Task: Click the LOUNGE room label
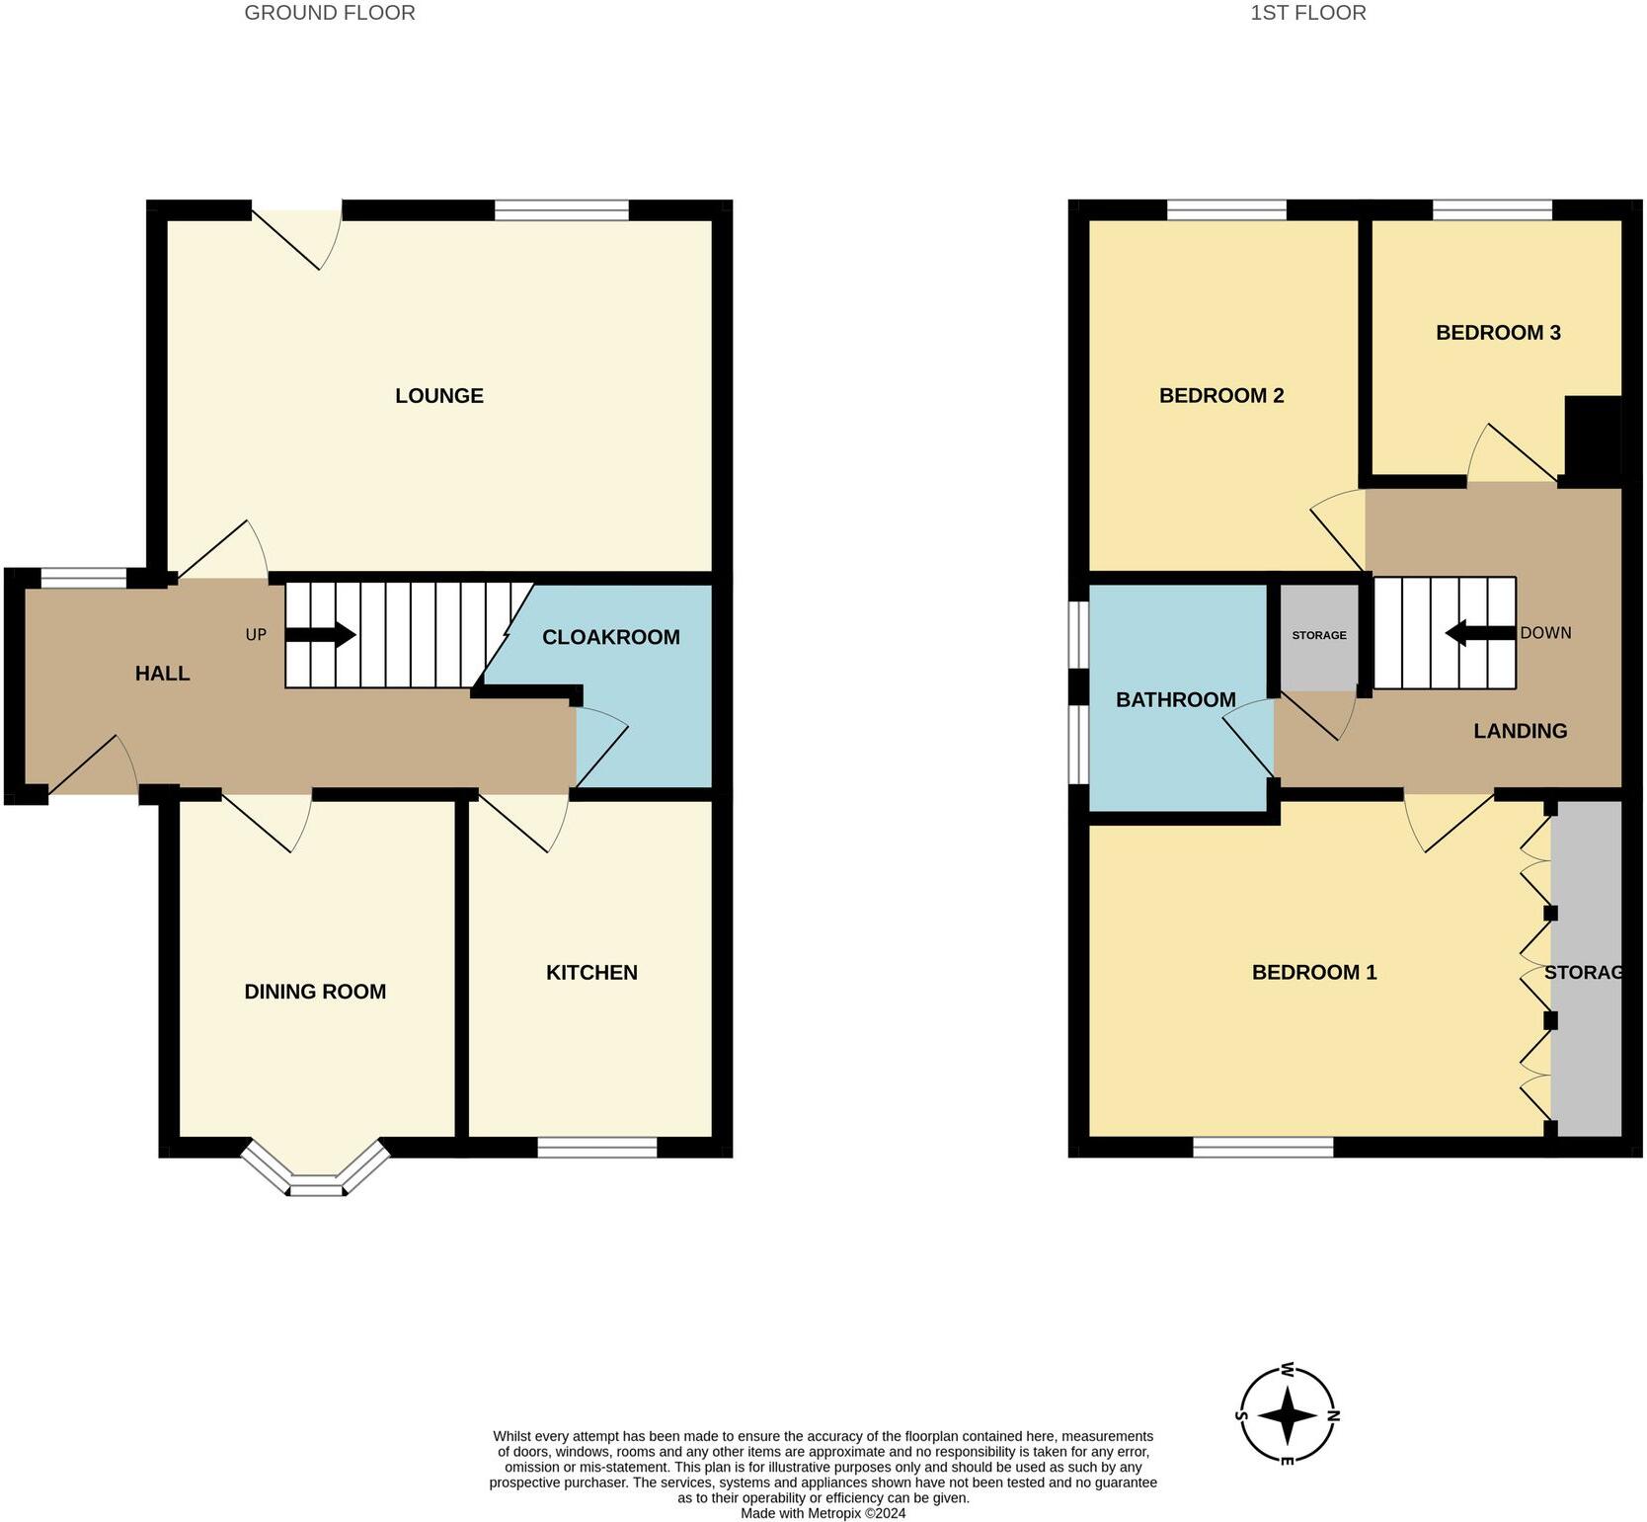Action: coord(438,396)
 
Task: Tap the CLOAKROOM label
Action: coord(610,637)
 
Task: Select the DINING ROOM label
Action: coord(315,992)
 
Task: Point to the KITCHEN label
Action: coord(591,973)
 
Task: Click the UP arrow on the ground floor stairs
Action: coord(321,634)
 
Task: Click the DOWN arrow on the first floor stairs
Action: coord(1480,633)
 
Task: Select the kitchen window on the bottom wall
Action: coord(597,1147)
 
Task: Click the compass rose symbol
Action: coord(1288,1415)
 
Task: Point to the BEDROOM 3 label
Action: coord(1497,333)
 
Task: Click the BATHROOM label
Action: coord(1175,700)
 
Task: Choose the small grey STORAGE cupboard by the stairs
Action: coord(1319,636)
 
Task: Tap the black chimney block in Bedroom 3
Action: coord(1593,440)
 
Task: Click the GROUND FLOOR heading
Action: coord(330,13)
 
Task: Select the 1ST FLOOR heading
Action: coord(1307,13)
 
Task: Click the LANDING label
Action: coord(1520,731)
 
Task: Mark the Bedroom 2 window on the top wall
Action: coord(1226,209)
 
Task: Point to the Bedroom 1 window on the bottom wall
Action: coord(1263,1147)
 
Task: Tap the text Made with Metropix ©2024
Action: coord(823,1513)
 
